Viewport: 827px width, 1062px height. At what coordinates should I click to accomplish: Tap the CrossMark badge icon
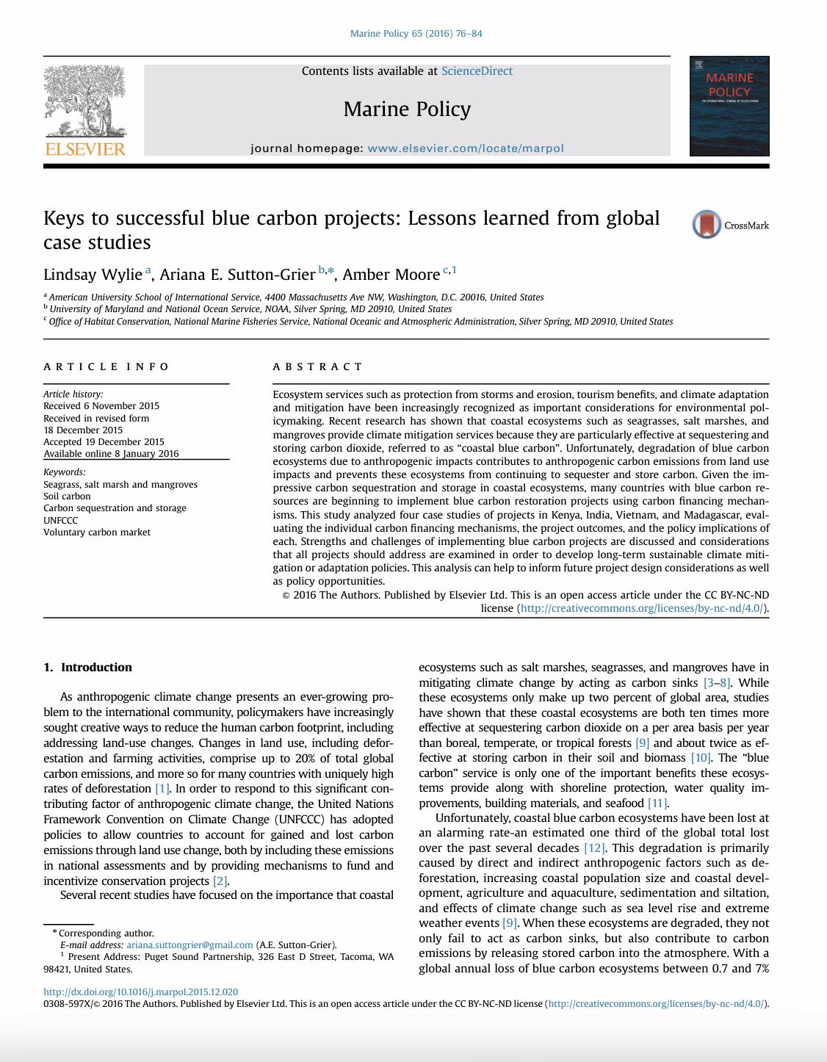(707, 225)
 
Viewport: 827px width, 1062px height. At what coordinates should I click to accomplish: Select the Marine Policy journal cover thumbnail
(729, 106)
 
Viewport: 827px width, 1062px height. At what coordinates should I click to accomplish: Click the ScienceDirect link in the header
(477, 71)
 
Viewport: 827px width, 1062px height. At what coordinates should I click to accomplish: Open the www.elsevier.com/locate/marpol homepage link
(466, 148)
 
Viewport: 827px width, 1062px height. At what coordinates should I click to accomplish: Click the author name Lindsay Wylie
(93, 275)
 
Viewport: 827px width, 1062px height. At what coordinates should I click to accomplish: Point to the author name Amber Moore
(391, 275)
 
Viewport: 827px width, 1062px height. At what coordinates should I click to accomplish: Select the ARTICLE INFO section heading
(106, 366)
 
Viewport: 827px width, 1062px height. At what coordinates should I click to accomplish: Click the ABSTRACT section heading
(317, 366)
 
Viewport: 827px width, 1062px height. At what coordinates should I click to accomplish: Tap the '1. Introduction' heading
(87, 668)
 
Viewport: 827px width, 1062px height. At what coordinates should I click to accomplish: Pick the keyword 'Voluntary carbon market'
(97, 532)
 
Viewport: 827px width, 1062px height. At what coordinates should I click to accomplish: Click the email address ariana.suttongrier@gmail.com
(189, 945)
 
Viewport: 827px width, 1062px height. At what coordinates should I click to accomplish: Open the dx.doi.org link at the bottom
(141, 991)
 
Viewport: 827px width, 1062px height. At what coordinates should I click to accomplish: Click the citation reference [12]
(593, 848)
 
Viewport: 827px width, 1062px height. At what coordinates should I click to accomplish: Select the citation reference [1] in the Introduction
(162, 789)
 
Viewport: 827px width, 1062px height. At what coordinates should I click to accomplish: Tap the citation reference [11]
(657, 803)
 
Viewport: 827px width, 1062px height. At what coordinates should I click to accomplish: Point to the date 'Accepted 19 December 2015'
(104, 442)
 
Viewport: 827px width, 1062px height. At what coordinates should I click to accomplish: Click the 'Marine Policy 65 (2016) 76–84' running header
(416, 34)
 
